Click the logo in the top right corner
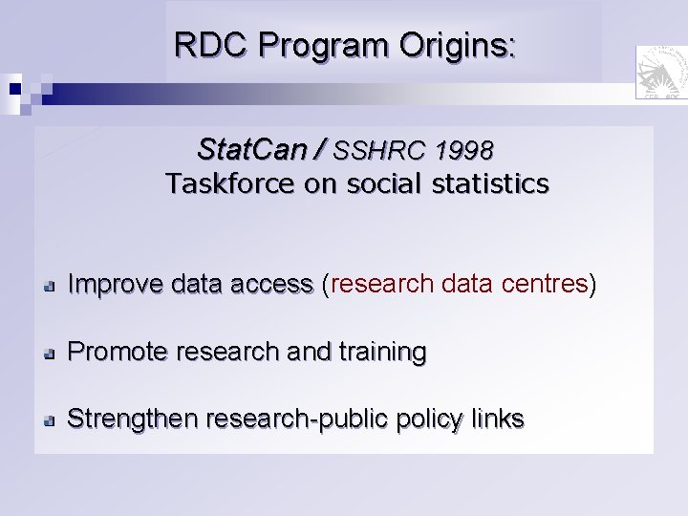[x=660, y=72]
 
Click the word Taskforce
[x=229, y=183]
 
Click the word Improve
[x=116, y=285]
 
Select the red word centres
[x=548, y=285]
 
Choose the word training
[x=382, y=353]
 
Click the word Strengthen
[x=132, y=419]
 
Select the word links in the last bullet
[x=498, y=419]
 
